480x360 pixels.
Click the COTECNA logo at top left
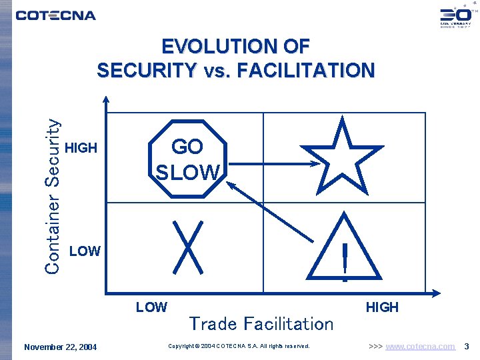(55, 15)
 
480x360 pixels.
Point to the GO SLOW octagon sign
(187, 159)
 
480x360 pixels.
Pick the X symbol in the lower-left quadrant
(187, 246)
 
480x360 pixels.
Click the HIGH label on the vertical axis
(82, 148)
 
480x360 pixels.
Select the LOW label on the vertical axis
(85, 251)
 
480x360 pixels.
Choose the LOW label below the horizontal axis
(151, 307)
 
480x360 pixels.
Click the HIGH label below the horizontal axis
(382, 307)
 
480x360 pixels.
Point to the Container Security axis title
(53, 195)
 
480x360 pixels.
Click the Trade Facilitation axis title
(261, 324)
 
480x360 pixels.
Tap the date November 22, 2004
(60, 347)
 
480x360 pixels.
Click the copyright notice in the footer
(239, 347)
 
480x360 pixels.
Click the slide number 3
(467, 347)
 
